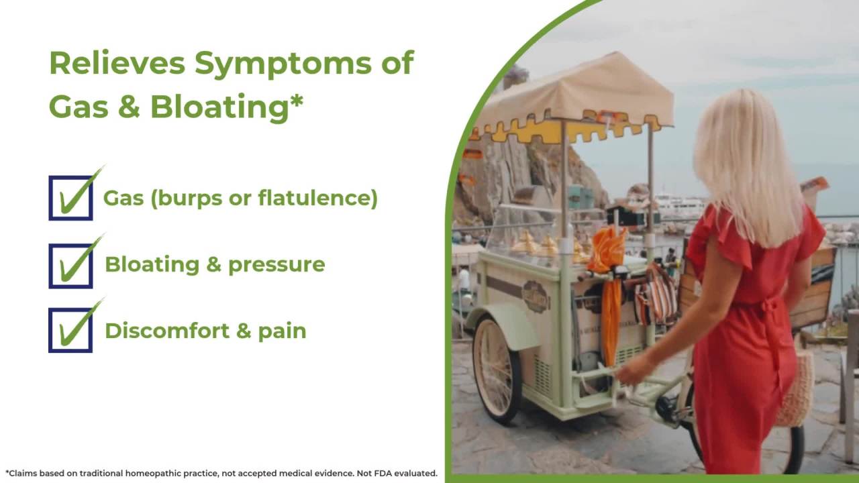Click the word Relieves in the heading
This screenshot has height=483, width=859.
point(117,63)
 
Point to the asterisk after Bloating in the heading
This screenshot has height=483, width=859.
point(297,101)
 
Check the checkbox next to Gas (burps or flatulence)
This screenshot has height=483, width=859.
point(70,198)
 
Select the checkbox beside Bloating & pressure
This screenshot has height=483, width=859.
point(70,266)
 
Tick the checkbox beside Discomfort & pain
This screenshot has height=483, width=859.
point(70,330)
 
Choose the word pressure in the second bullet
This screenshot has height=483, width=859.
point(276,265)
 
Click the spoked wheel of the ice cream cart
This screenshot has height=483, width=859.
point(497,369)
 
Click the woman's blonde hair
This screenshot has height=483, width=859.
point(745,161)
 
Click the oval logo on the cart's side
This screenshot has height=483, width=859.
point(535,296)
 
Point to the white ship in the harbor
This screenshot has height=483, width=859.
point(678,204)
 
